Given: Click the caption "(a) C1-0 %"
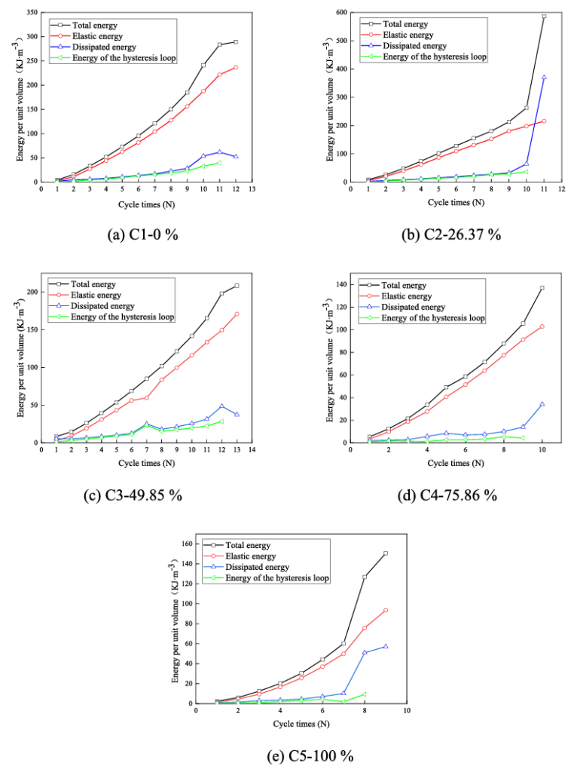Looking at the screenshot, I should pyautogui.click(x=144, y=234).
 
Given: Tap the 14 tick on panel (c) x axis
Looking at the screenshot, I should pyautogui.click(x=252, y=450).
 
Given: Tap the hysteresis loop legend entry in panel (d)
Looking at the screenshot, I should pyautogui.click(x=426, y=318).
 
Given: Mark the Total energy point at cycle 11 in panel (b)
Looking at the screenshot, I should pyautogui.click(x=543, y=16).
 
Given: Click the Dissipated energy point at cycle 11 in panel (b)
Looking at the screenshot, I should pyautogui.click(x=543, y=78).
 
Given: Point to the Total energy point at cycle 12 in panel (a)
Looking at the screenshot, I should pyautogui.click(x=235, y=41).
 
